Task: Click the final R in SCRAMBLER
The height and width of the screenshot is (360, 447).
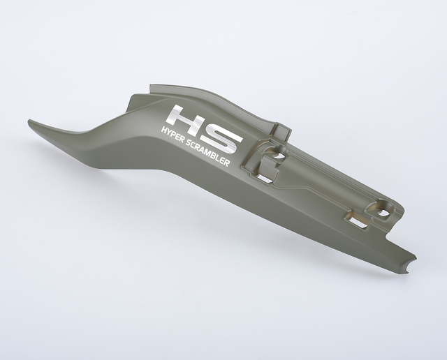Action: tap(226, 163)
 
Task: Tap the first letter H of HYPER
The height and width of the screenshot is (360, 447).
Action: tap(164, 130)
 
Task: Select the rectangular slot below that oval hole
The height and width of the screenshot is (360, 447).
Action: tap(265, 179)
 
